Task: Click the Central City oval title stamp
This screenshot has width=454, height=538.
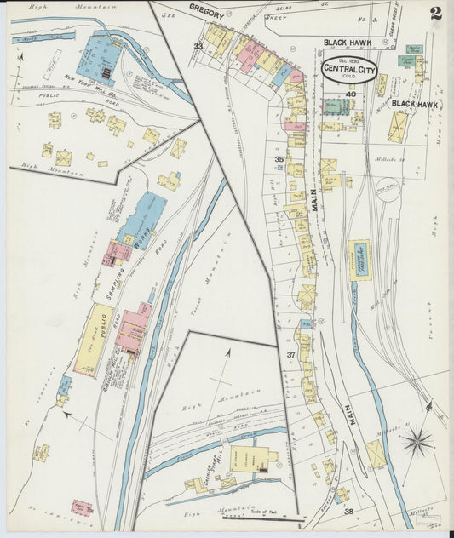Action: (x=348, y=68)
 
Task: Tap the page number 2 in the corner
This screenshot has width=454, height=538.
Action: (x=436, y=13)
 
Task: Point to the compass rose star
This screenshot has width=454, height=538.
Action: (x=416, y=441)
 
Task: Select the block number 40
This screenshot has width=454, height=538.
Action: (x=349, y=94)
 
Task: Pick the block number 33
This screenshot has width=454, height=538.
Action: (x=198, y=46)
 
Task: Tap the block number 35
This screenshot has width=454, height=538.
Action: (x=279, y=159)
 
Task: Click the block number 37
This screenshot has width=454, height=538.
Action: (x=290, y=354)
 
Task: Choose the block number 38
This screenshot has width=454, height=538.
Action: (x=348, y=511)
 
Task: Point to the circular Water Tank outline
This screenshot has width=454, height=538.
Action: (x=388, y=189)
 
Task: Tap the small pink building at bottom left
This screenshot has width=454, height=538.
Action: (x=82, y=507)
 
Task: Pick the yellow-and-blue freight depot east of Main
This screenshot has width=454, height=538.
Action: (x=358, y=260)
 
